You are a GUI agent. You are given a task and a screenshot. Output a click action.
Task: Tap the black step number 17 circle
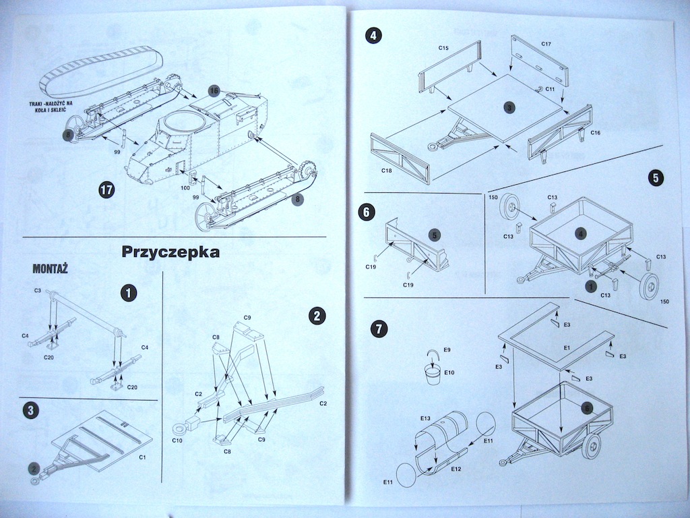106,190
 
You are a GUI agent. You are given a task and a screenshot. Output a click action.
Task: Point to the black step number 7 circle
379,328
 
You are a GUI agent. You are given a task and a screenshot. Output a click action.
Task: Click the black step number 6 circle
366,212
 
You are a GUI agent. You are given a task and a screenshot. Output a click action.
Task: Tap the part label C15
443,48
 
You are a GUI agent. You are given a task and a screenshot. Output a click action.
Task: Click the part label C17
546,45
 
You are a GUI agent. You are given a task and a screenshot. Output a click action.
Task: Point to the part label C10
177,440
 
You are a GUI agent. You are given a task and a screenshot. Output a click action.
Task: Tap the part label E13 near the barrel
425,419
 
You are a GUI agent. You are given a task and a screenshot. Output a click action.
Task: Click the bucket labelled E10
433,374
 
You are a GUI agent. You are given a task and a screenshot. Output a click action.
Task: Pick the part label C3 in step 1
38,291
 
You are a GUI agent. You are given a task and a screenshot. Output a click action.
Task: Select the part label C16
595,134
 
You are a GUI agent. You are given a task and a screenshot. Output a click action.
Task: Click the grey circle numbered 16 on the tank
214,90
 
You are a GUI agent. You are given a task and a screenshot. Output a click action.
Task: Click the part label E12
456,468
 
